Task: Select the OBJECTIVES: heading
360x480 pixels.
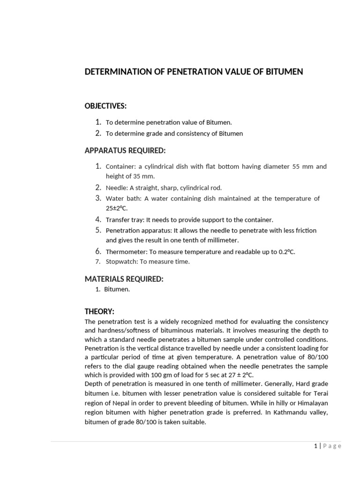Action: click(x=105, y=106)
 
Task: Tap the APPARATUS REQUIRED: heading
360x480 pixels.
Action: click(x=125, y=150)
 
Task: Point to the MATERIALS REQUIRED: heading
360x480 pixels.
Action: click(x=124, y=279)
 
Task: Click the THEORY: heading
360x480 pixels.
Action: click(x=99, y=312)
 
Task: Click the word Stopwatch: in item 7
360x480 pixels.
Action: click(x=120, y=262)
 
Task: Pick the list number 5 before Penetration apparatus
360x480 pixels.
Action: click(x=98, y=230)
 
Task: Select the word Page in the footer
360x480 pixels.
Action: click(x=331, y=446)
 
